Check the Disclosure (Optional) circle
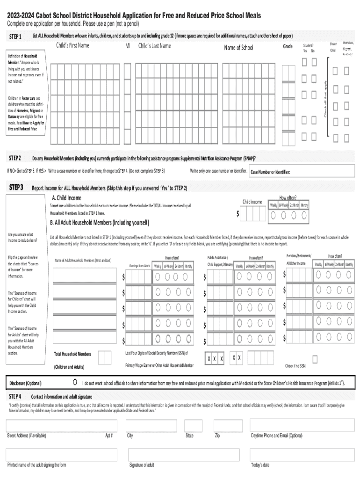point(75,383)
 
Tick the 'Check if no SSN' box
point(315,359)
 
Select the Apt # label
point(109,435)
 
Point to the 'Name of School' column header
point(238,48)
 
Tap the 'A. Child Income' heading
point(66,198)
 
